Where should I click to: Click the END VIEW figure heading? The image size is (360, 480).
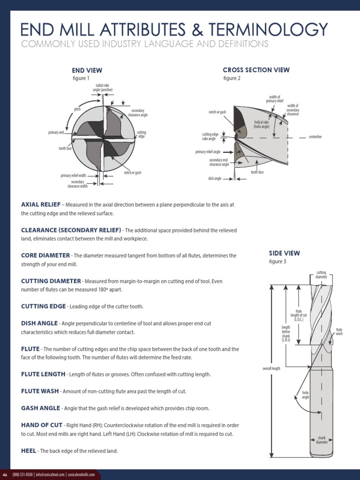tap(87, 70)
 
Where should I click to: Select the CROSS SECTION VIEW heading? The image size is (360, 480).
tap(256, 70)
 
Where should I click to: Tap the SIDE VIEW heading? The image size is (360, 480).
tap(285, 253)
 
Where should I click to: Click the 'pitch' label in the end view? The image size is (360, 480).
tap(77, 109)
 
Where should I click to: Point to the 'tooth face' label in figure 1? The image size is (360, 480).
tap(65, 148)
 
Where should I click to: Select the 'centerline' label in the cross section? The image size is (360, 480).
tap(315, 137)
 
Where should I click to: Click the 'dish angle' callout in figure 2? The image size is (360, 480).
tap(215, 179)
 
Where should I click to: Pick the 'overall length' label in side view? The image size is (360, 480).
tap(271, 368)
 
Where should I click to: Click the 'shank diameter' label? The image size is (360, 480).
tap(321, 439)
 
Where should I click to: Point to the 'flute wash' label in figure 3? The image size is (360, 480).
tap(339, 331)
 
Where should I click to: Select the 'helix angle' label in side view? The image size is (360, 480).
tap(305, 395)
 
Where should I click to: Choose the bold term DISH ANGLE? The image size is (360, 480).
tap(39, 323)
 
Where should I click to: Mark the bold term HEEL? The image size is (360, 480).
tap(29, 450)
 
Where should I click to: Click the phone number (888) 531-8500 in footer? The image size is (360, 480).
tap(23, 474)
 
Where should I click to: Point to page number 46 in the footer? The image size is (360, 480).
tap(6, 474)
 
